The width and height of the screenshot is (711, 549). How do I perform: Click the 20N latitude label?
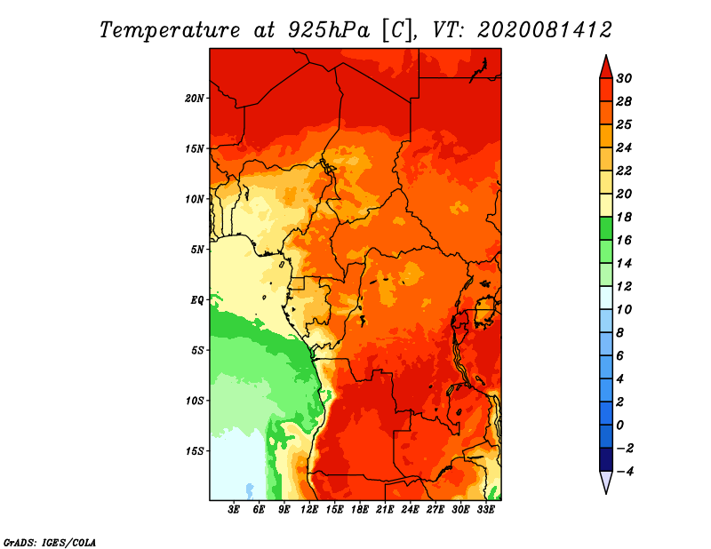(x=195, y=98)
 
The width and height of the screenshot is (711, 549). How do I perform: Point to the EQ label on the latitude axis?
(x=197, y=299)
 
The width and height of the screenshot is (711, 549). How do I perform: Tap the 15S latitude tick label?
(x=195, y=451)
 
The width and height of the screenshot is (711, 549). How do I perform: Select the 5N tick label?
(x=197, y=250)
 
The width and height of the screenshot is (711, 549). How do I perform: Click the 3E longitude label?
(x=234, y=510)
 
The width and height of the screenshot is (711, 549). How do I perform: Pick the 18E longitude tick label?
(x=360, y=510)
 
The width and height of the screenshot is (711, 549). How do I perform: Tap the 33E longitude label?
(x=485, y=510)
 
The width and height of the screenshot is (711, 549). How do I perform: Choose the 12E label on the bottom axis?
(x=309, y=510)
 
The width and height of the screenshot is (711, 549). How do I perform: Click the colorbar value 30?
(x=624, y=78)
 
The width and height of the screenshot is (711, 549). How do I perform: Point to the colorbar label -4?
(x=625, y=472)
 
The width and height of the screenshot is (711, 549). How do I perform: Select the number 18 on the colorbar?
(x=624, y=217)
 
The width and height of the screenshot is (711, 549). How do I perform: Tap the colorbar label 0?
(x=620, y=426)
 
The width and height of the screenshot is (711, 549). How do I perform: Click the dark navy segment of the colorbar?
(x=606, y=459)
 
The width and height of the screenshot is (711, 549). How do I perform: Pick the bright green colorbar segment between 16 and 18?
(x=606, y=228)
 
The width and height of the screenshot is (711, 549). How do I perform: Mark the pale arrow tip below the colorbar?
(x=606, y=493)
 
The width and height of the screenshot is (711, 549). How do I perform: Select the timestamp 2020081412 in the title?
(x=545, y=30)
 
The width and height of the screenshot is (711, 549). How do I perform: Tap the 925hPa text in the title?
(x=329, y=30)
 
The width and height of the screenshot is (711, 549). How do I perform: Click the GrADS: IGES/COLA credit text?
(x=50, y=542)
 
